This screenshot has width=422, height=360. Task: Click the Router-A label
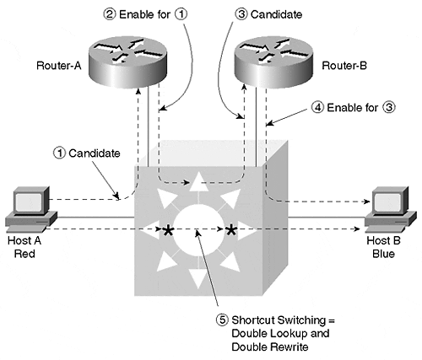(x=59, y=66)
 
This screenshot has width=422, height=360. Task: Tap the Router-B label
(x=344, y=66)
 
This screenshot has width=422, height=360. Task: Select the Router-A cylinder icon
(x=128, y=62)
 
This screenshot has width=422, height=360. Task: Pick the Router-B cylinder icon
(x=273, y=62)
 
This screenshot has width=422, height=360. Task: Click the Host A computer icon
(x=31, y=209)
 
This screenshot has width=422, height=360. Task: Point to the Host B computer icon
(x=391, y=209)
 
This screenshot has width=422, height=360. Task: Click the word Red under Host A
(x=24, y=254)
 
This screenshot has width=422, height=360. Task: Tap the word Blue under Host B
(x=383, y=254)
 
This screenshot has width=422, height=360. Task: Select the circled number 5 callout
(x=222, y=320)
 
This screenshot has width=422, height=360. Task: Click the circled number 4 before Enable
(x=318, y=107)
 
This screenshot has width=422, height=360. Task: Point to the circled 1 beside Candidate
(x=59, y=153)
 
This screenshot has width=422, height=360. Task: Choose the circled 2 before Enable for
(x=110, y=14)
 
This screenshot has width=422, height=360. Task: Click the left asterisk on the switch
(x=168, y=231)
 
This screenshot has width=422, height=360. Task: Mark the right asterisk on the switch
(x=231, y=231)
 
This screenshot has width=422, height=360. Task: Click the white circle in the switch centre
(x=199, y=229)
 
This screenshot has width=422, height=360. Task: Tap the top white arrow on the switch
(x=199, y=182)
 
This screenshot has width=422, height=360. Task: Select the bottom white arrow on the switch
(x=199, y=279)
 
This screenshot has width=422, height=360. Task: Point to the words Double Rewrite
(x=270, y=347)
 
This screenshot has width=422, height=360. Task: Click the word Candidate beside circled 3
(x=277, y=14)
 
